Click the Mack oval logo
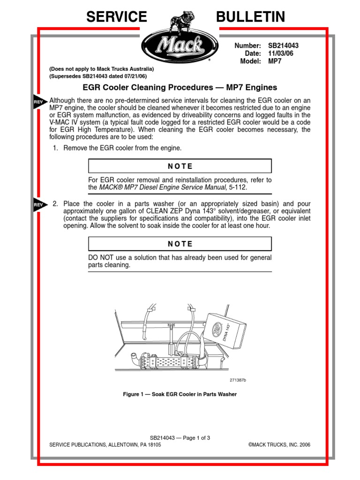coord(180,45)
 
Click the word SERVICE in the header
coord(116,17)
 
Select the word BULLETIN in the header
coord(250,17)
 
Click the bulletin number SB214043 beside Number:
coord(283,46)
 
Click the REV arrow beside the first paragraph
coord(40,101)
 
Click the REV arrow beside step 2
coord(40,204)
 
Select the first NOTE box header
coord(180,166)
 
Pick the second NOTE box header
coord(180,244)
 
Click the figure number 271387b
coord(237,380)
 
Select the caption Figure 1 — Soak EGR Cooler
coord(180,394)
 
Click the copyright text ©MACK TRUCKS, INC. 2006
coord(276,445)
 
